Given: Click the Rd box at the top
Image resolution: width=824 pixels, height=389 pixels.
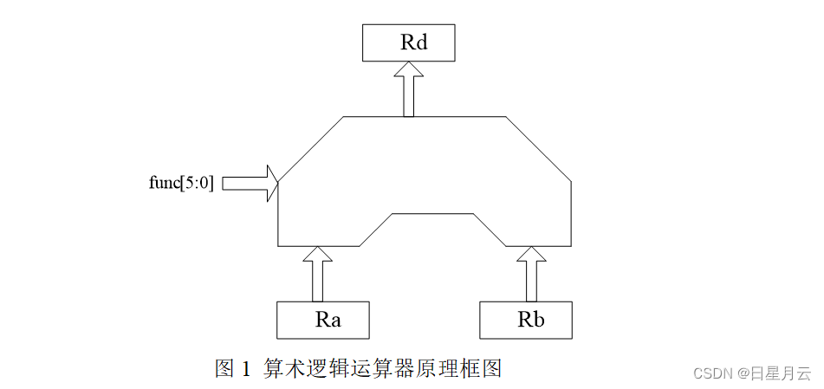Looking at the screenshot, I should pos(407,43).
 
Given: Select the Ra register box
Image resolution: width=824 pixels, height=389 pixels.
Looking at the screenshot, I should pos(322,320).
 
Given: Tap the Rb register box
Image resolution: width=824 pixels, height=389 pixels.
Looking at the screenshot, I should pos(526,320).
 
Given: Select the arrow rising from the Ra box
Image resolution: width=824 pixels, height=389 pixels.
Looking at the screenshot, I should pos(318,276).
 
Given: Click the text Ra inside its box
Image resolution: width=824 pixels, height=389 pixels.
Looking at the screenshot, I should pos(328,320).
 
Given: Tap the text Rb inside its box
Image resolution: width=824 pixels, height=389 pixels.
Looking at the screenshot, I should pos(530,320).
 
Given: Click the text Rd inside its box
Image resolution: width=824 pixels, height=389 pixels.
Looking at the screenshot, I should pos(413,43).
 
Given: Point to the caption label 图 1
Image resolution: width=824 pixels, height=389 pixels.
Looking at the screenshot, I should pos(232,368).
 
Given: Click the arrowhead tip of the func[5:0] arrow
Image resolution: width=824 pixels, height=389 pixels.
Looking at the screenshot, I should pos(276,183).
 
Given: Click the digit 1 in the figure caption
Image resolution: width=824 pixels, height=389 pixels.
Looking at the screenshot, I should pos(245,369).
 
